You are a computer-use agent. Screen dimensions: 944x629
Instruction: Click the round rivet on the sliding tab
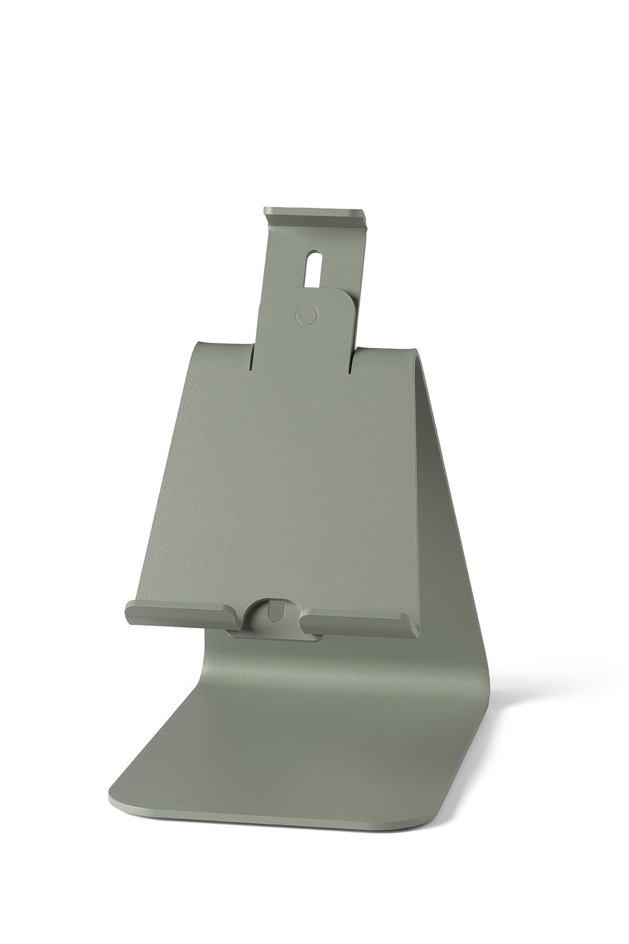(x=306, y=314)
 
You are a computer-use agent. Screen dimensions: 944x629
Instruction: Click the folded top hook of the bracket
(x=314, y=213)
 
